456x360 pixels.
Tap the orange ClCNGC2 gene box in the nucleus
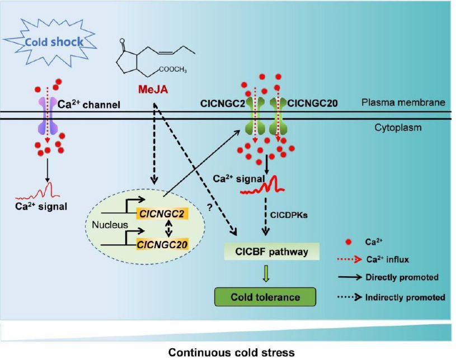tap(161, 212)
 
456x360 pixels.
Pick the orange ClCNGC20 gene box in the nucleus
tap(163, 243)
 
